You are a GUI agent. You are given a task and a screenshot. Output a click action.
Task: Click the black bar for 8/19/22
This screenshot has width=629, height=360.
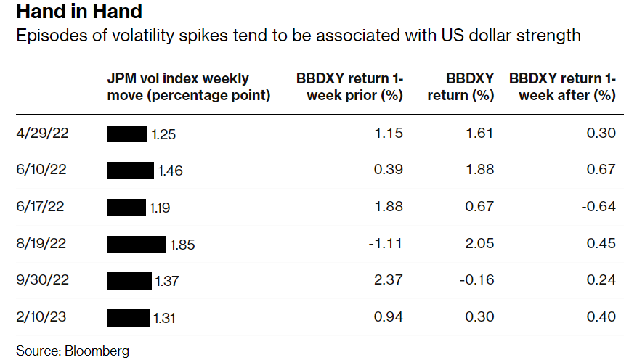pos(137,244)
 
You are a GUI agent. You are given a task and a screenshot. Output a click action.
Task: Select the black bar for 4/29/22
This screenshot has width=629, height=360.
pos(127,134)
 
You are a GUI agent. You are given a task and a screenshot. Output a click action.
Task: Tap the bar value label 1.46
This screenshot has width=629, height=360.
pos(170,171)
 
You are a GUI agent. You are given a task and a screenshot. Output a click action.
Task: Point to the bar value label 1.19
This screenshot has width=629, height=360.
pos(160,208)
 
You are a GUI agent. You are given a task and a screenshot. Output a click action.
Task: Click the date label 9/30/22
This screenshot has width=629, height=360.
pos(41,280)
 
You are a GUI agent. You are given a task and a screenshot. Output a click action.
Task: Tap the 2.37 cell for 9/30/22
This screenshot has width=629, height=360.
pos(389,280)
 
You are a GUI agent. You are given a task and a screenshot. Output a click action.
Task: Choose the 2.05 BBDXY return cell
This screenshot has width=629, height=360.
pos(479,244)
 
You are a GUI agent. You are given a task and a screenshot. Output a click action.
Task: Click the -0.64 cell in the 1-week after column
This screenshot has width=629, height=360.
pos(598,207)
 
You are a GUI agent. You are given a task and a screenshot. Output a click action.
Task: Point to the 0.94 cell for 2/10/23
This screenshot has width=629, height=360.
pos(389,316)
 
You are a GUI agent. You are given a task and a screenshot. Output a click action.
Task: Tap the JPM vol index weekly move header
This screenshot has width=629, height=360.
pos(188,86)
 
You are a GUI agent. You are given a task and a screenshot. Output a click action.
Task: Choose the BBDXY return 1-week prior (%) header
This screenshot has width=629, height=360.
pos(350,86)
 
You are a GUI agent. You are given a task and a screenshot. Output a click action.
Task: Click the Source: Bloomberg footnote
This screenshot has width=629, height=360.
pos(73,351)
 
